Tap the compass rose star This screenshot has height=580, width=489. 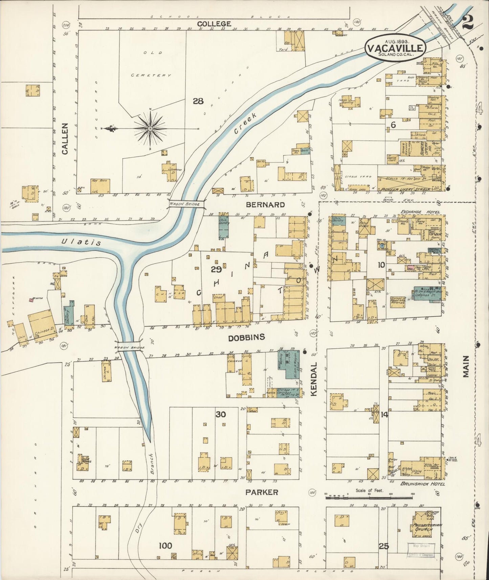pos(150,129)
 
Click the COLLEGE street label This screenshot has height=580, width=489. pos(214,24)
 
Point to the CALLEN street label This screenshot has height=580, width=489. pos(65,139)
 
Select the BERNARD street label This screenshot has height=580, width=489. pos(265,205)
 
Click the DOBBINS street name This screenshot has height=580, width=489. pos(251,337)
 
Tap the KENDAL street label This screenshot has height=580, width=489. pos(313,379)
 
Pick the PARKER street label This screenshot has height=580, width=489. pos(262,492)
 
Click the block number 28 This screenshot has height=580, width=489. pos(198,101)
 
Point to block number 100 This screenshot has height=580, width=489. pos(165,545)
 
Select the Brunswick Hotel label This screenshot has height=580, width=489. pos(423,484)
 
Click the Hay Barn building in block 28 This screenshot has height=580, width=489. pos(100,185)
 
